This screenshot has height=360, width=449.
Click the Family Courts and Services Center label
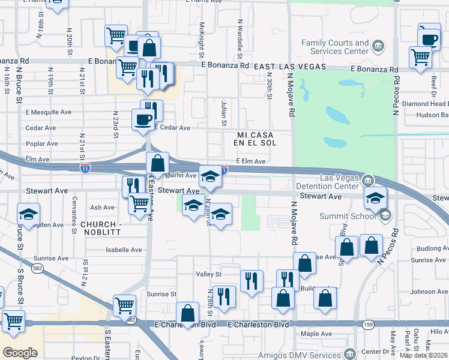[x=335, y=47]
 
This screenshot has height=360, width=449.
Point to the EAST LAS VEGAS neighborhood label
[x=289, y=67]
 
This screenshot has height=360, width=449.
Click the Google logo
[x=20, y=353]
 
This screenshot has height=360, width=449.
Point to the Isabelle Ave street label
[x=124, y=250]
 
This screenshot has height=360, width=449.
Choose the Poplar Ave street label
[x=42, y=144]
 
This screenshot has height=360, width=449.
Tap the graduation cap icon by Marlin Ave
[x=210, y=176]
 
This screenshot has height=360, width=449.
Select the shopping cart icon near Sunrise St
[x=125, y=306]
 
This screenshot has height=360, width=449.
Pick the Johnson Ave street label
[x=429, y=292]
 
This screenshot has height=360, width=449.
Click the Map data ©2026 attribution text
[x=424, y=355]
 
